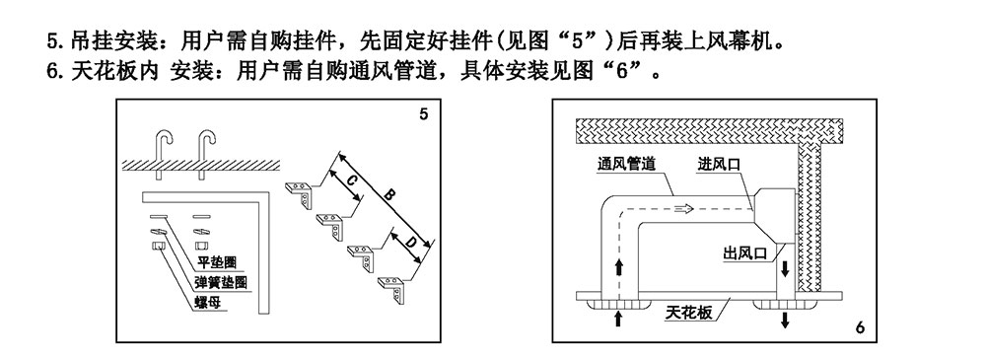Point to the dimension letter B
[388, 196]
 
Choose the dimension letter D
[406, 242]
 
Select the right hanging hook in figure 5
[206, 149]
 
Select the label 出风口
[745, 253]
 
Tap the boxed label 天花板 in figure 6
[688, 313]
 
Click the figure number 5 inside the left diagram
[423, 115]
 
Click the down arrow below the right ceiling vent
[785, 319]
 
